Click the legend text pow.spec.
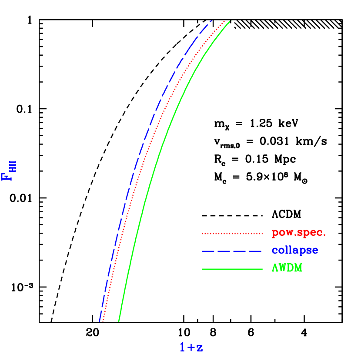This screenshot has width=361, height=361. point(298,233)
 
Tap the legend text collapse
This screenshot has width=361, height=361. point(294,251)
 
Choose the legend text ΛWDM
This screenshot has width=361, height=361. point(287,268)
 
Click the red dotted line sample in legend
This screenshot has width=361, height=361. point(232,234)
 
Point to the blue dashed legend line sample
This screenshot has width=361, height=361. point(232,251)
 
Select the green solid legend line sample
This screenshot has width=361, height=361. point(232,269)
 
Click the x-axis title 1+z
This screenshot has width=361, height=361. point(191,347)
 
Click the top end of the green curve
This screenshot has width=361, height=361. point(230,20)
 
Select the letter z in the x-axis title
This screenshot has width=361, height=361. point(199,348)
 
